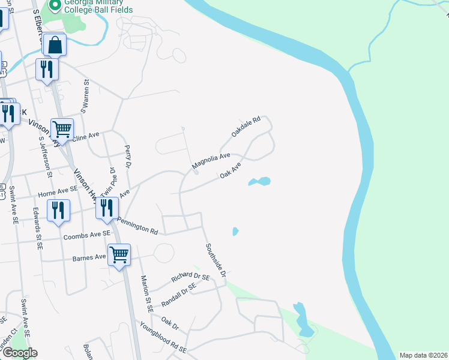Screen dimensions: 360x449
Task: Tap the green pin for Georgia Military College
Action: pyautogui.click(x=55, y=6)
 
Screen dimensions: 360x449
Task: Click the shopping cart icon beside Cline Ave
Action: pyautogui.click(x=62, y=129)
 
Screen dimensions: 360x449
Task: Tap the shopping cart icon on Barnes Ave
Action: pyautogui.click(x=119, y=255)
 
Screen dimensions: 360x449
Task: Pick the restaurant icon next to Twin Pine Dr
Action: pyautogui.click(x=106, y=208)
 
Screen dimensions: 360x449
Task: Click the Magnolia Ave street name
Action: pyautogui.click(x=211, y=161)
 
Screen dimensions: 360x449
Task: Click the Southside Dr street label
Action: pyautogui.click(x=215, y=259)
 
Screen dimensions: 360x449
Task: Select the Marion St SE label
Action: pyautogui.click(x=145, y=293)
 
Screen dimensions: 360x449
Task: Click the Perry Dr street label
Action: pyautogui.click(x=128, y=155)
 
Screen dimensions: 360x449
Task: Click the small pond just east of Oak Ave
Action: pyautogui.click(x=259, y=181)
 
